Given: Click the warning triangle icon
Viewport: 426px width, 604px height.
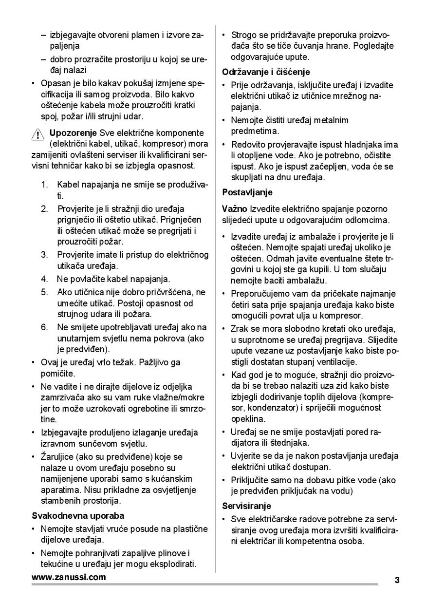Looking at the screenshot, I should coord(37,134).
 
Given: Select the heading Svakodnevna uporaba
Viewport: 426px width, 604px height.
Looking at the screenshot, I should coord(78,515).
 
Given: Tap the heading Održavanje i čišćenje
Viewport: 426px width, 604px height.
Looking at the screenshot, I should coord(266,72).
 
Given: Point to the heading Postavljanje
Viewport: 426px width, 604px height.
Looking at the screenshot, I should coord(247,192).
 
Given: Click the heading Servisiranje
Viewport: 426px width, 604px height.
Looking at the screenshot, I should coord(247,506).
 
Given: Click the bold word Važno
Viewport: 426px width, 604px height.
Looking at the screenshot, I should coord(235,209).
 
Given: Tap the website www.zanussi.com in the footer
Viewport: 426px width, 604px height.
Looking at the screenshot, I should coord(69,578).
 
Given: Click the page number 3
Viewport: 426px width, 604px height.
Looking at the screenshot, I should coord(397,580).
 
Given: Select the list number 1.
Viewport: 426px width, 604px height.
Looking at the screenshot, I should coord(44,185).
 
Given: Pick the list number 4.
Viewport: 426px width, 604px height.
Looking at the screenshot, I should coord(44,279).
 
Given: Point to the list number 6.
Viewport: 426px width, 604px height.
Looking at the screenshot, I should coord(44,327).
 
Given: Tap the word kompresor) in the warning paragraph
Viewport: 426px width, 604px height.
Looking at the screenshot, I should coord(164,144).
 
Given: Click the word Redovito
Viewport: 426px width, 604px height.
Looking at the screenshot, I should coord(248,145).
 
